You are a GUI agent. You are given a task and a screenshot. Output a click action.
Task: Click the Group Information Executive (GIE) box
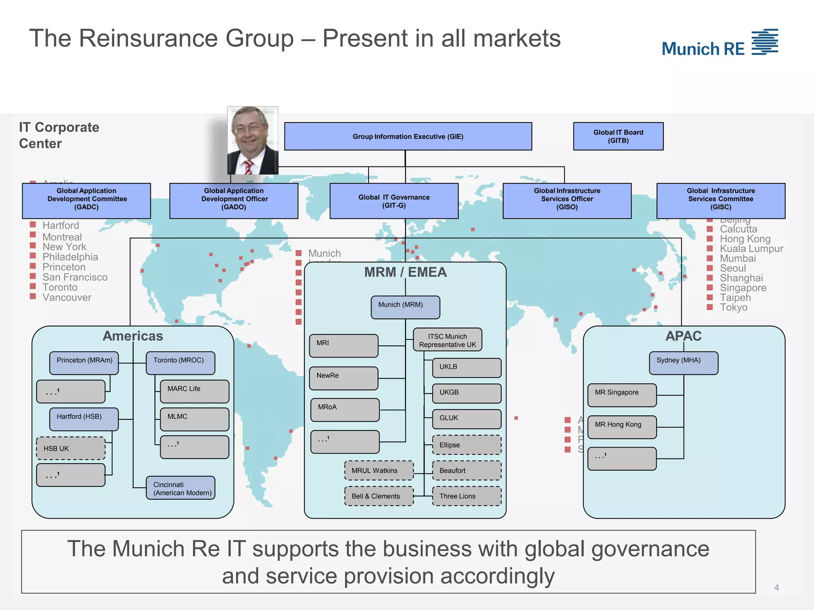click(408, 136)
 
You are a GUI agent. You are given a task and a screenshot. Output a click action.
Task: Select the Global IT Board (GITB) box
click(618, 136)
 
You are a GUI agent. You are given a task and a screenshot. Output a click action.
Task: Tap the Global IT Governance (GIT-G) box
click(394, 201)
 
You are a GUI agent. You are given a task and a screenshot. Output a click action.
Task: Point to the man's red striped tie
click(248, 167)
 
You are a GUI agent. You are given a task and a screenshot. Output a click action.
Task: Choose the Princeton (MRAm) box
click(84, 363)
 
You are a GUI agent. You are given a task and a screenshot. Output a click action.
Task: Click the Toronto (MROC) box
click(180, 363)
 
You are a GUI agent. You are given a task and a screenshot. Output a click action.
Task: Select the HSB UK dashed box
click(71, 448)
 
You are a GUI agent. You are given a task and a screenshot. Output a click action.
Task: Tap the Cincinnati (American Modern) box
click(180, 488)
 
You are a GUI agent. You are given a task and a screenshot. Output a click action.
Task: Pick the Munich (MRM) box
click(405, 307)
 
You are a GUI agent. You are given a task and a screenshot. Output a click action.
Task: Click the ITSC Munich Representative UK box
click(448, 340)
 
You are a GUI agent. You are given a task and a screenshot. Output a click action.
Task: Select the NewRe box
click(344, 378)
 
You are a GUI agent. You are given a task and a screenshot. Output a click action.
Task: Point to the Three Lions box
click(467, 496)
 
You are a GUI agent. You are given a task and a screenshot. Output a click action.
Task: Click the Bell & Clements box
click(379, 496)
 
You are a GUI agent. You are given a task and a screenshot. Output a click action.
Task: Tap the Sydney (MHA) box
click(684, 363)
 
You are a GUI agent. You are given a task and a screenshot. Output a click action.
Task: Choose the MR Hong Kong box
click(622, 427)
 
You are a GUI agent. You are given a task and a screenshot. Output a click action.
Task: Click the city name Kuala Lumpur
click(751, 249)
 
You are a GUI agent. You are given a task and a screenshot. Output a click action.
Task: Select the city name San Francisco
click(75, 277)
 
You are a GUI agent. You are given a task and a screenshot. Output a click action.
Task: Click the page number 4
click(776, 587)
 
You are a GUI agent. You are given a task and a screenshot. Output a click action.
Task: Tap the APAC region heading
click(683, 336)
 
